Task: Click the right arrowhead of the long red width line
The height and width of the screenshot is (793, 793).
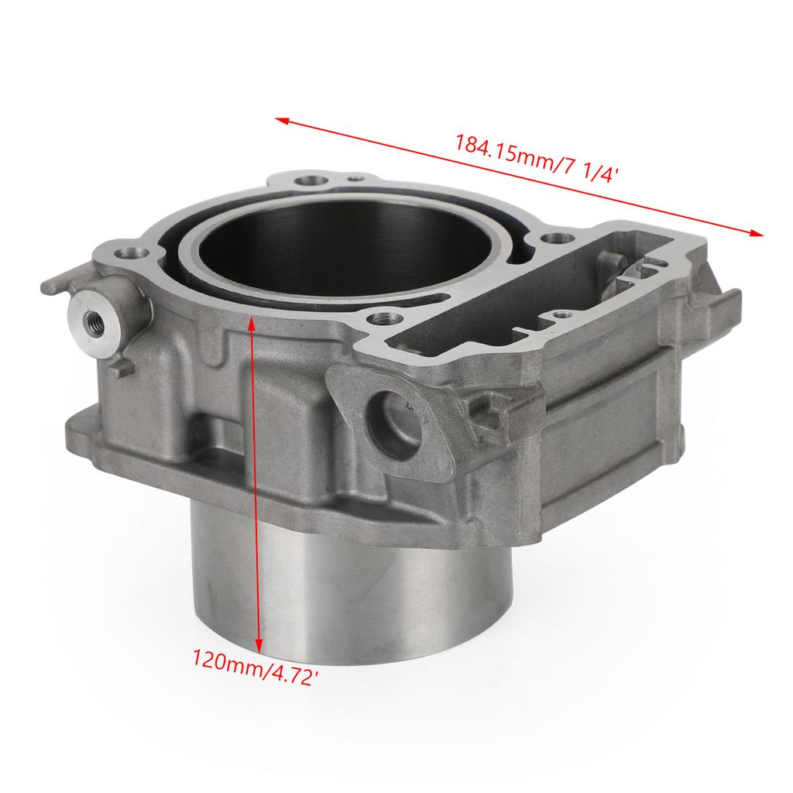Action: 757,232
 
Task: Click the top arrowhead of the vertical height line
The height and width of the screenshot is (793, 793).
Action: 252,322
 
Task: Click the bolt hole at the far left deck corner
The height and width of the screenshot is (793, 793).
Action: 132,253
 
